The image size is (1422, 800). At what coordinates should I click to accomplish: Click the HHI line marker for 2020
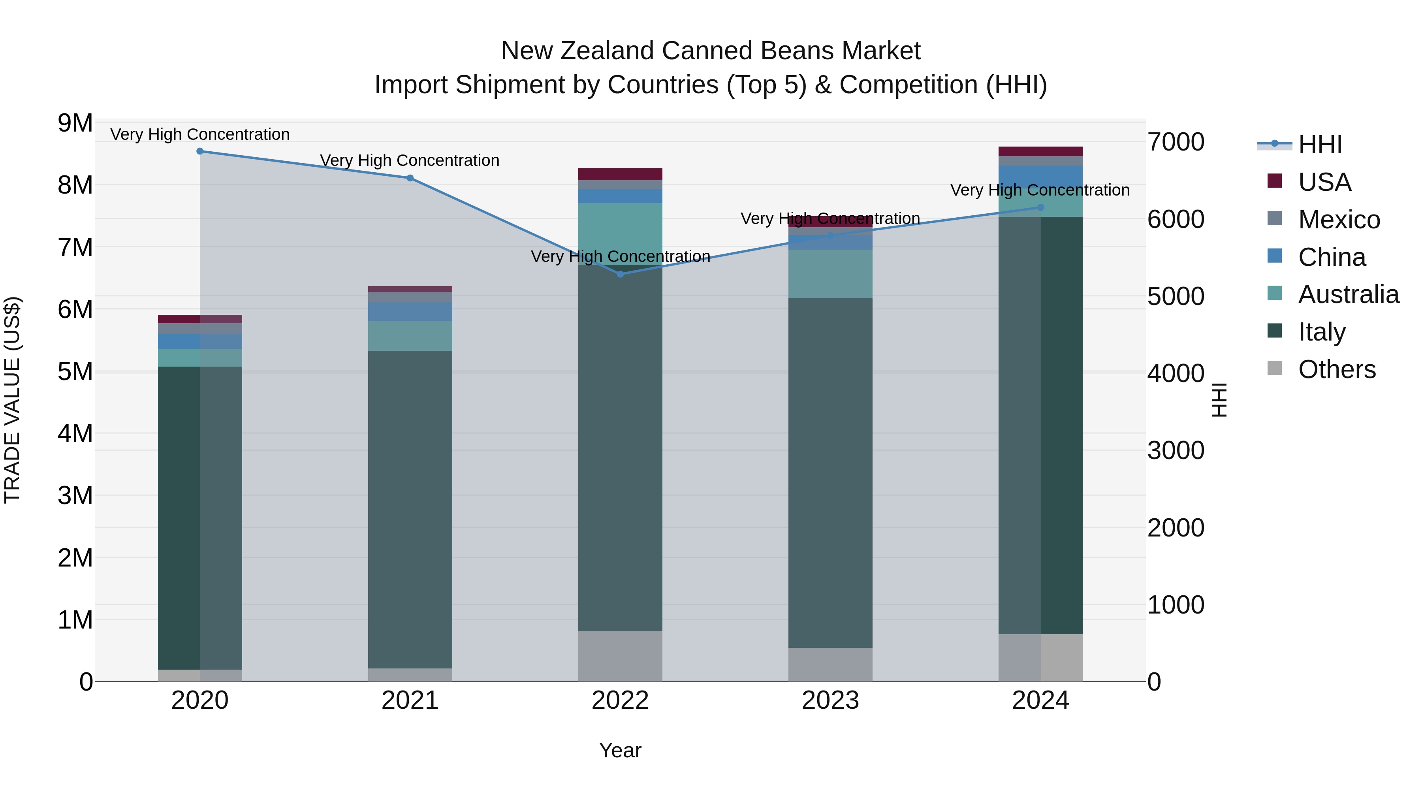pyautogui.click(x=200, y=151)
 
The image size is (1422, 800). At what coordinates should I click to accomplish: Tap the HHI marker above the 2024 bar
pyautogui.click(x=1040, y=207)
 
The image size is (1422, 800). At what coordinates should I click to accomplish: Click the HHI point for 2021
pyautogui.click(x=410, y=178)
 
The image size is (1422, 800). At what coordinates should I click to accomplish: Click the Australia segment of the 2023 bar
pyautogui.click(x=830, y=274)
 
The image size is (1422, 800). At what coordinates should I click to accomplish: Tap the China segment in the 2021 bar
pyautogui.click(x=410, y=311)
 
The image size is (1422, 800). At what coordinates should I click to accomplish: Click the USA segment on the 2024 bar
pyautogui.click(x=1040, y=151)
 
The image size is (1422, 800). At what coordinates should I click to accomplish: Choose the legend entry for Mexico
pyautogui.click(x=1338, y=220)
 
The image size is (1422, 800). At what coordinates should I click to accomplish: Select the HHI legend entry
pyautogui.click(x=1319, y=145)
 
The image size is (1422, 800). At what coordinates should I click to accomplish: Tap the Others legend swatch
pyautogui.click(x=1275, y=368)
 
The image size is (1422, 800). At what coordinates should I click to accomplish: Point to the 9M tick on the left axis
pyautogui.click(x=75, y=123)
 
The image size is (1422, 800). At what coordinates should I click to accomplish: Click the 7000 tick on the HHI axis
pyautogui.click(x=1176, y=142)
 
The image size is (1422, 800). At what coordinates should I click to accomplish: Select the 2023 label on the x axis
pyautogui.click(x=830, y=700)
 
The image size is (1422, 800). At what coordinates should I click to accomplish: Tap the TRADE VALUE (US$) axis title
pyautogui.click(x=12, y=400)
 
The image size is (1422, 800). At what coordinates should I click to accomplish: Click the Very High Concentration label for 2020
pyautogui.click(x=200, y=134)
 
